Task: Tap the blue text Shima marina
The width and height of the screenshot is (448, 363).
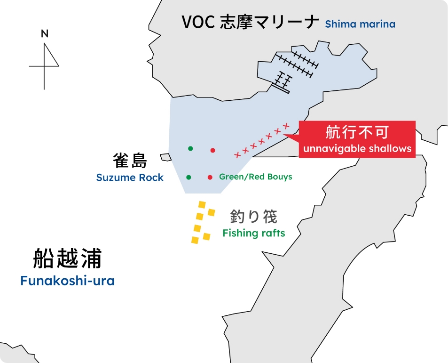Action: click(x=360, y=24)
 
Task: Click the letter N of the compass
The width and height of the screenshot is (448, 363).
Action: click(x=45, y=33)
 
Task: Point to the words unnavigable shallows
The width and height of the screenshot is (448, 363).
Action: click(x=357, y=149)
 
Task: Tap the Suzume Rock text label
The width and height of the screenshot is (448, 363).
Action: click(x=130, y=177)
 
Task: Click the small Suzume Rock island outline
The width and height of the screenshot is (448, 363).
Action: click(x=165, y=157)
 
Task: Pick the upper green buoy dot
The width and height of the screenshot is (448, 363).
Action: click(x=190, y=148)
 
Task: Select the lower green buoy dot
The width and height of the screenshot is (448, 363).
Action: click(x=189, y=177)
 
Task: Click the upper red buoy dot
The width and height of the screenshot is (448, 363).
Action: click(x=213, y=150)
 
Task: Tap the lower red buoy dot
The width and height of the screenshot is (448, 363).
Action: click(x=210, y=177)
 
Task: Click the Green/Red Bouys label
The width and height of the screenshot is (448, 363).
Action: click(x=256, y=177)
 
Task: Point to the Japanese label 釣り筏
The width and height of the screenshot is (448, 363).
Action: click(x=254, y=217)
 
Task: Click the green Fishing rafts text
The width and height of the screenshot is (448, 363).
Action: click(x=254, y=233)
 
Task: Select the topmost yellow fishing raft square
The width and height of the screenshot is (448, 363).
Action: click(x=203, y=205)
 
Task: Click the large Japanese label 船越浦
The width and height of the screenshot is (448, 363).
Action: click(x=67, y=258)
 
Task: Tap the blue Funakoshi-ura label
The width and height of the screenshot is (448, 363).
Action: click(x=67, y=281)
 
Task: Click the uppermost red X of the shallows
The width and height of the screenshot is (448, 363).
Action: click(x=286, y=125)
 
